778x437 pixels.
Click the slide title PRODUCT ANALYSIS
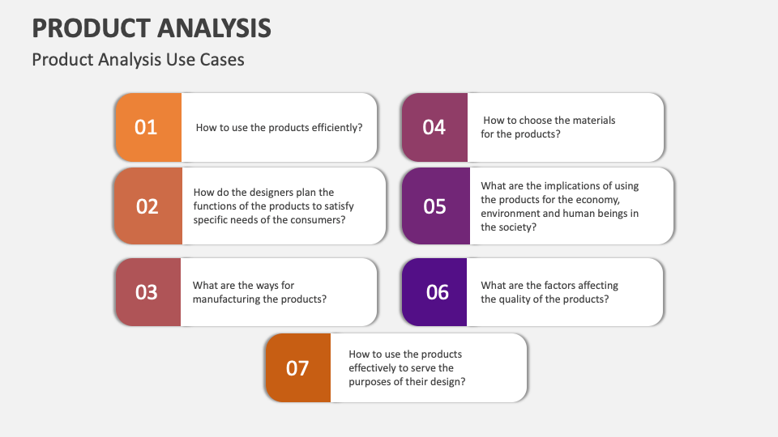(152, 28)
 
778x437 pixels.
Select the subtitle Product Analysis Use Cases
(138, 60)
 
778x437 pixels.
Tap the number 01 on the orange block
(146, 127)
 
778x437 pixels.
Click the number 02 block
(147, 206)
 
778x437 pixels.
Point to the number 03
(146, 292)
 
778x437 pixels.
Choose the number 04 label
(434, 127)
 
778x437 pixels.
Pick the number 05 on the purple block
(435, 206)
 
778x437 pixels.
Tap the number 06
(437, 292)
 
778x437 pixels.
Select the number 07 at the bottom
(297, 368)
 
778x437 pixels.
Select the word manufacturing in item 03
(224, 299)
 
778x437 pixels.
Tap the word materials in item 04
(594, 121)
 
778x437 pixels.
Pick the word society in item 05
(517, 227)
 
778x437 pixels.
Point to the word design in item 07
(448, 382)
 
